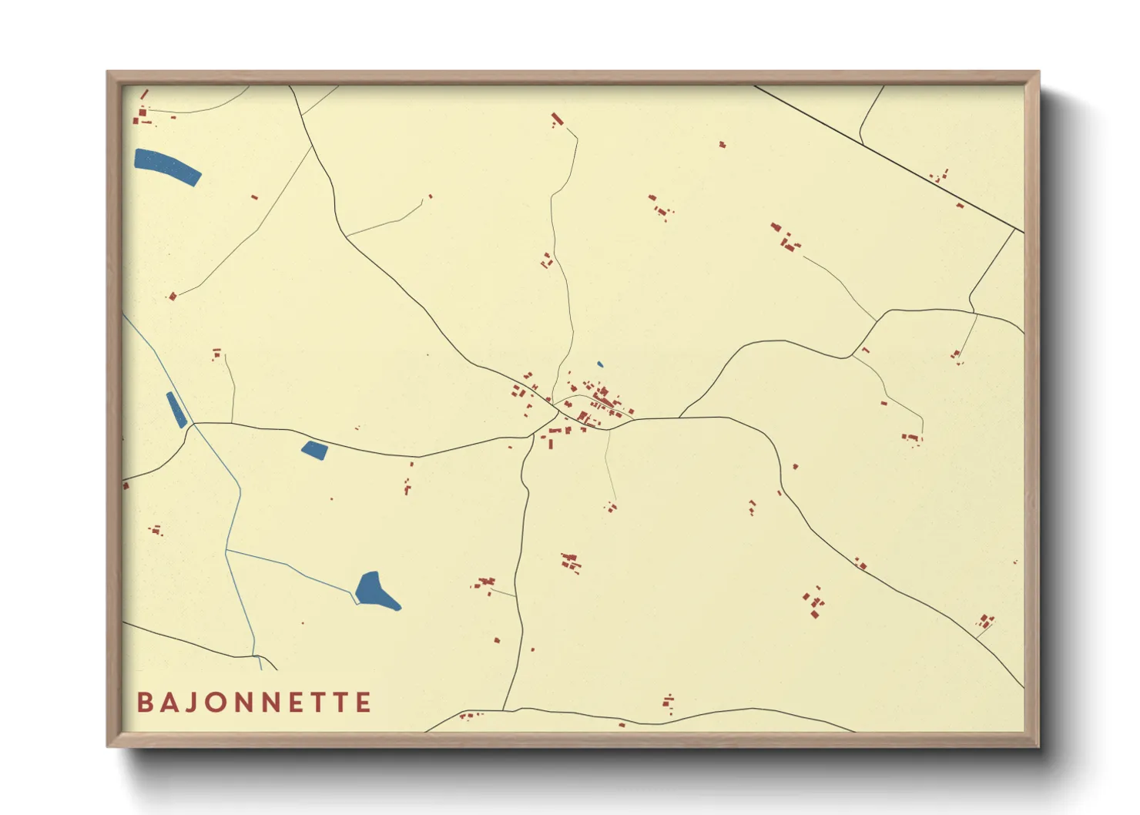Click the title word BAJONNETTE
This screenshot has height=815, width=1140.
[x=254, y=703]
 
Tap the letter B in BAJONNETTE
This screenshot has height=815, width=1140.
[x=144, y=703]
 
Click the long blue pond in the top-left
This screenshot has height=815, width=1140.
[x=167, y=166]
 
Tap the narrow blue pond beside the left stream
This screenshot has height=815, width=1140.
[x=176, y=409]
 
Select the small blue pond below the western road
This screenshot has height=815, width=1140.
[x=314, y=450]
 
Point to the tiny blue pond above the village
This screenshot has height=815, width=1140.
[x=600, y=364]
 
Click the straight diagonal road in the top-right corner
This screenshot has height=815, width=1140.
[x=886, y=157]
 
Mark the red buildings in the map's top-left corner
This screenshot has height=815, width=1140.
[x=142, y=116]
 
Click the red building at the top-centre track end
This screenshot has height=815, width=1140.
[x=557, y=119]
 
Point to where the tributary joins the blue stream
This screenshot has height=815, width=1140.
[x=226, y=550]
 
